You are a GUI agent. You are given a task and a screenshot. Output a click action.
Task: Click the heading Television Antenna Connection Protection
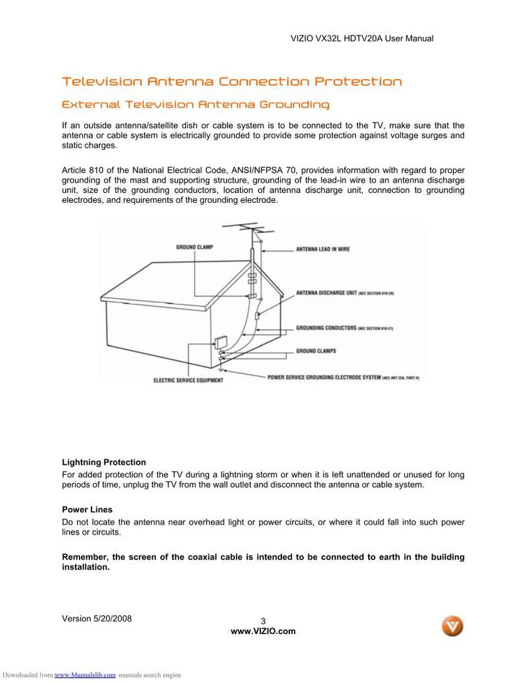[x=231, y=82]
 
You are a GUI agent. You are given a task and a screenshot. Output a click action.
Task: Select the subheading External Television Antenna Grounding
[x=195, y=105]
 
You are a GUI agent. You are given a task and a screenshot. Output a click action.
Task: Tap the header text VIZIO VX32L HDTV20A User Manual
[x=362, y=39]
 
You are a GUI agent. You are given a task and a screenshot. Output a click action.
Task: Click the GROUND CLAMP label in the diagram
[x=195, y=248]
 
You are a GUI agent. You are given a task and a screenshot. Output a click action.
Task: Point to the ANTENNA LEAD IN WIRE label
[x=323, y=249]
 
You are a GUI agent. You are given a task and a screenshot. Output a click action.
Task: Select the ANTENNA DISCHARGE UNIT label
[x=335, y=292]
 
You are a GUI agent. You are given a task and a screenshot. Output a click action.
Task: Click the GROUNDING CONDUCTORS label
[x=326, y=327]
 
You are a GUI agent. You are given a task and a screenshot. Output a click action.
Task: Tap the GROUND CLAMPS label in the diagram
[x=316, y=351]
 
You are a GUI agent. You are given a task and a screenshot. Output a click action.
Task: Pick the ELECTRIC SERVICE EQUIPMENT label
[x=188, y=380]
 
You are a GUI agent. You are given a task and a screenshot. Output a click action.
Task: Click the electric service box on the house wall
[x=220, y=343]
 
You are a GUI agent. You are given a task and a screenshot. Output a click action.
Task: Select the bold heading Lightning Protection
[x=104, y=462]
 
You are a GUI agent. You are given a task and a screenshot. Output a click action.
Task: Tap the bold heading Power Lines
[x=87, y=510]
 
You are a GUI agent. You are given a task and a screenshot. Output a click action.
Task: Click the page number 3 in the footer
[x=263, y=621]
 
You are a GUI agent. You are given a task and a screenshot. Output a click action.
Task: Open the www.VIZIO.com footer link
[x=263, y=631]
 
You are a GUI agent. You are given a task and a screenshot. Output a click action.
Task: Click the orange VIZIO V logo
[x=452, y=625]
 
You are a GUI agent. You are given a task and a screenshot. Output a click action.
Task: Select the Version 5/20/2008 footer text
[x=97, y=618]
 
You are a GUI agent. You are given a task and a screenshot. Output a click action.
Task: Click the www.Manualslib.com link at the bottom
[x=85, y=675]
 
